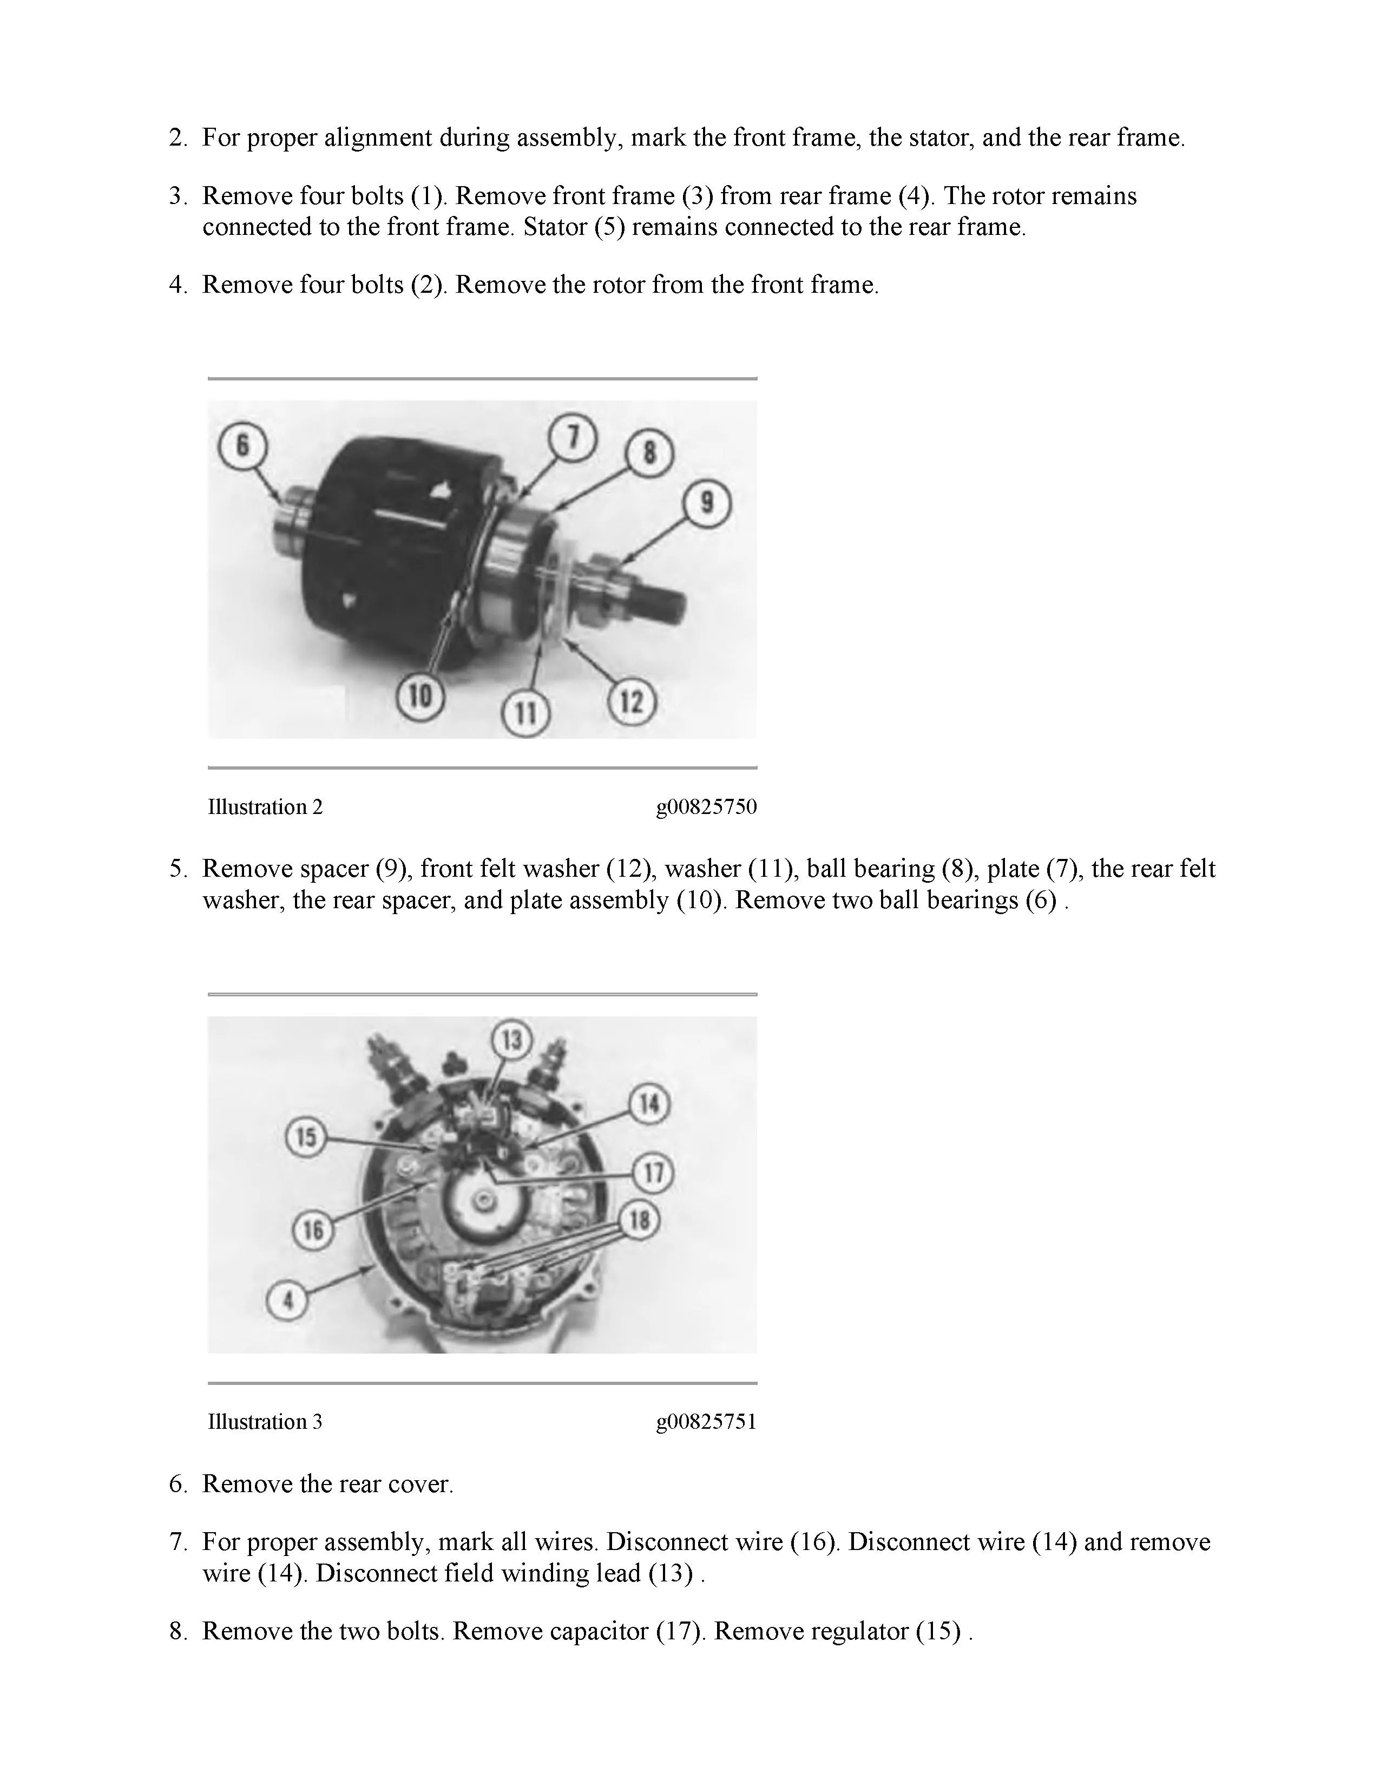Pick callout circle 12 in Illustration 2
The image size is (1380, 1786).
point(632,701)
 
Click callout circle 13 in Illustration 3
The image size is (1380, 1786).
point(512,1040)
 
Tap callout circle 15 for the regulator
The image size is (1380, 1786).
point(306,1137)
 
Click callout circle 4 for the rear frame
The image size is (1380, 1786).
point(288,1300)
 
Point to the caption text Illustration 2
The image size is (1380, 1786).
point(265,807)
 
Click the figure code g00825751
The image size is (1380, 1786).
point(706,1422)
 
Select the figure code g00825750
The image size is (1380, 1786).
point(706,807)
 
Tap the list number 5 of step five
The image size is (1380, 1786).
point(178,869)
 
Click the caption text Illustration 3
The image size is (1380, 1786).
point(265,1422)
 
